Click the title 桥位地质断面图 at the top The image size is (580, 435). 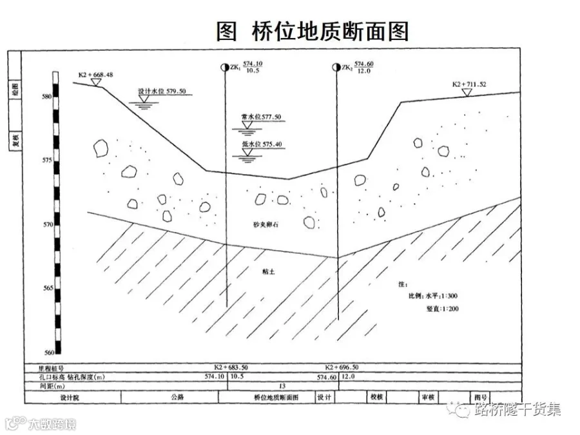(x=313, y=31)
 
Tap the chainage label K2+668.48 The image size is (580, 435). (x=95, y=75)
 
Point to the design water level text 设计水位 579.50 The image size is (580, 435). (x=162, y=92)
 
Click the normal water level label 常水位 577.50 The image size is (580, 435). (x=261, y=117)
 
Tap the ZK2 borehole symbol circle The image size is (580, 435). (x=336, y=67)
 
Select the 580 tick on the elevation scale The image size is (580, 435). (x=46, y=97)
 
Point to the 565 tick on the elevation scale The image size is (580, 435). (x=46, y=288)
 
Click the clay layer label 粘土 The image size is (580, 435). (x=269, y=273)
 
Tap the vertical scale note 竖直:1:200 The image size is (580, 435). (x=438, y=309)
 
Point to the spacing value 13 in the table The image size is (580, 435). (x=282, y=386)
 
